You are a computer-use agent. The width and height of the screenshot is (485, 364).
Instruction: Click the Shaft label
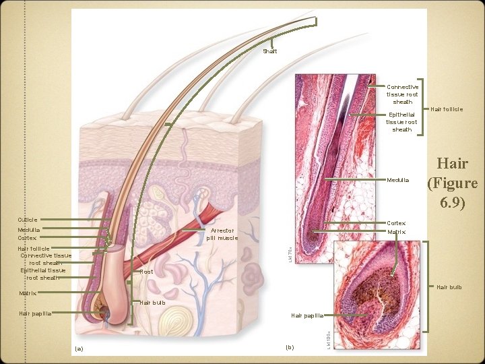coord(269,51)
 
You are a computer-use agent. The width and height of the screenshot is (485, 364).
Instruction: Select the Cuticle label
coord(28,220)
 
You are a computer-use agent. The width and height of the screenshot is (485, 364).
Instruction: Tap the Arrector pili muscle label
coord(222,234)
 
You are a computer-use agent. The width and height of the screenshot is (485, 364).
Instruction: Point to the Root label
coord(146,271)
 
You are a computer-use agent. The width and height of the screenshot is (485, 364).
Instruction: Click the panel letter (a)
coord(79,348)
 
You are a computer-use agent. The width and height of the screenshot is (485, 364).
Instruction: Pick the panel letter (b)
coord(290,347)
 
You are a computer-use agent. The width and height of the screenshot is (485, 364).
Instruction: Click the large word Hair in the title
coord(452,164)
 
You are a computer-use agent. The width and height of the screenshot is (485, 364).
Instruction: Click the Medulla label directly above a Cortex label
coord(29,230)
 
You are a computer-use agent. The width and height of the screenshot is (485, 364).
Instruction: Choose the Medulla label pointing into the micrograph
coord(397,180)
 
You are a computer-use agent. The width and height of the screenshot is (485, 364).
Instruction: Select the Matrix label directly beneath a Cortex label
coord(396,232)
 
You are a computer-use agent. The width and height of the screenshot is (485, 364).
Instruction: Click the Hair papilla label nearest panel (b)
coord(307,315)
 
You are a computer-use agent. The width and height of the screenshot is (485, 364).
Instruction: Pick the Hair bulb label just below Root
coord(152,302)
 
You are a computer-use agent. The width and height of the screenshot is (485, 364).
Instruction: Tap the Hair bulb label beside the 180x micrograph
coord(448,287)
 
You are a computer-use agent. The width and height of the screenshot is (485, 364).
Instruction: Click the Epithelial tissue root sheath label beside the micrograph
coord(402,122)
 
